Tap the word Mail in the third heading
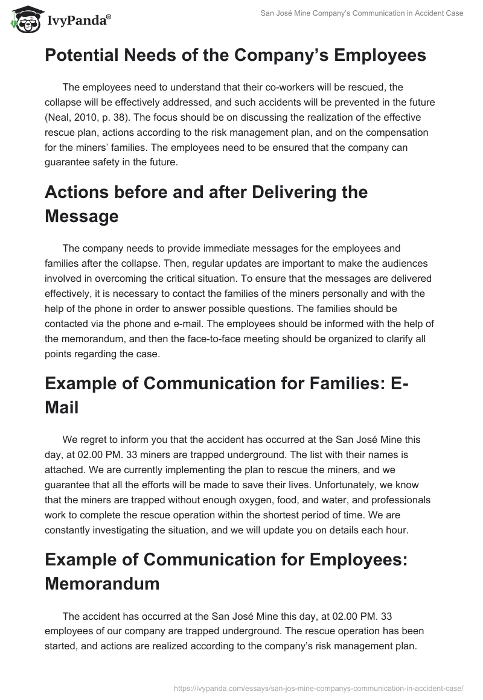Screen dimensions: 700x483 tap(62, 407)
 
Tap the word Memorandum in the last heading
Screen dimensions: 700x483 tap(102, 584)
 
